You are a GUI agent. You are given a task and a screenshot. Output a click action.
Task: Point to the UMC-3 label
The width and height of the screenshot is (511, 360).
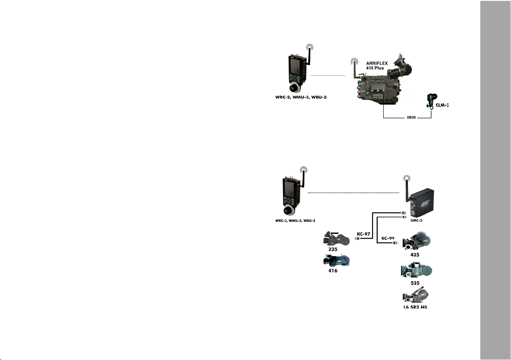pyautogui.click(x=422, y=221)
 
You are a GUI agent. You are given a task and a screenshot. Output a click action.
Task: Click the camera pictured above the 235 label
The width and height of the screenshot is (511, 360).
pyautogui.click(x=337, y=238)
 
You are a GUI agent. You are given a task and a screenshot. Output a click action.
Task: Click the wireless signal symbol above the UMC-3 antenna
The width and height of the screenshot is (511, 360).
pyautogui.click(x=406, y=180)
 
